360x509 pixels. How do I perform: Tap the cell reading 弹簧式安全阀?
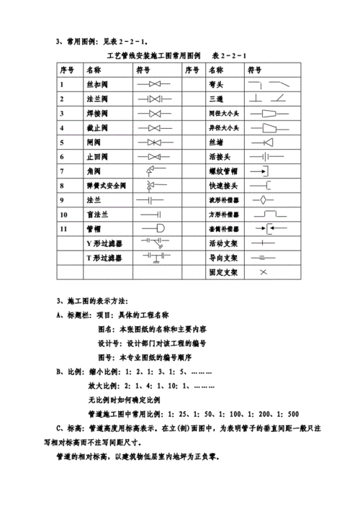coord(107,186)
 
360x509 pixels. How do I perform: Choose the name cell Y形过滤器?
coord(104,243)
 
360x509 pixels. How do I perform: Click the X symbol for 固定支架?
coord(263,272)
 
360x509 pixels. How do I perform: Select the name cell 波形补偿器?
coord(224,199)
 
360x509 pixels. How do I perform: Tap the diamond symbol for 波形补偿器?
coord(264,199)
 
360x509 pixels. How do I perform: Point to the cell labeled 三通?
coord(216,99)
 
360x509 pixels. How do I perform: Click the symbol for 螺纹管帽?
coord(263,171)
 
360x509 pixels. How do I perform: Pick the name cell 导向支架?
coord(221,258)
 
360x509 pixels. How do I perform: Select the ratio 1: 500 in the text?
coord(288,413)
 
